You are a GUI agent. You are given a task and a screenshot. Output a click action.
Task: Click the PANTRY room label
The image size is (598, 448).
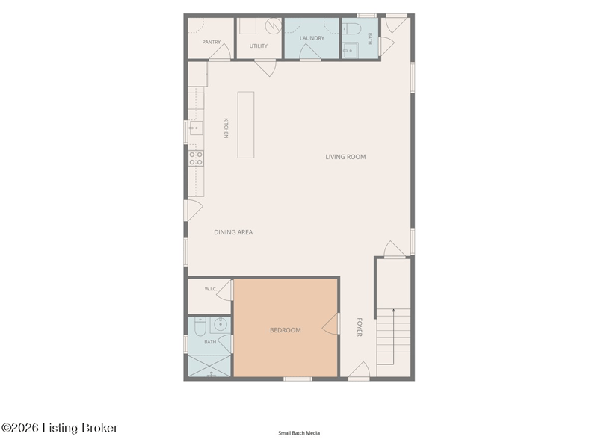coord(212,42)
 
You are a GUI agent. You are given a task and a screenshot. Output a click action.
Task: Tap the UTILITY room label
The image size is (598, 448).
coord(258,46)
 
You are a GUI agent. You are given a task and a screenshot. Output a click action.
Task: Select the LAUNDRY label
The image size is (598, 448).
coord(312,38)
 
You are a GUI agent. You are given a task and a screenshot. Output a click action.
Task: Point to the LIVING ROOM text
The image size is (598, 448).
coord(345,157)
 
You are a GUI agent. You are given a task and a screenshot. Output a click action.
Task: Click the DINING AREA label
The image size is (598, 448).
coord(233,232)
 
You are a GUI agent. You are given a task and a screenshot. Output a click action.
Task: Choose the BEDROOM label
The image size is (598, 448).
coord(286,330)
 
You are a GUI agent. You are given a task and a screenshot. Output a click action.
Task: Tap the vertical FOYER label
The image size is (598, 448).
coord(360,327)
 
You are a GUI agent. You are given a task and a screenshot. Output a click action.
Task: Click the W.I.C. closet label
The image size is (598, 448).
coord(211,289)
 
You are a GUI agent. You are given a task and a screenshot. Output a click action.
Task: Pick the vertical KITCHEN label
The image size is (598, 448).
coord(226,128)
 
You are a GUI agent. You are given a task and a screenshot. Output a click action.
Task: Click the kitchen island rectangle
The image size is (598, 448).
coord(246,125)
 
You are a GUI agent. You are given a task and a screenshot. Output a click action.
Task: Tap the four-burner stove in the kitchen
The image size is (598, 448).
coord(196,158)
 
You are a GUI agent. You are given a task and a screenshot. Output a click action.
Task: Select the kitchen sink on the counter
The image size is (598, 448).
coord(196,128)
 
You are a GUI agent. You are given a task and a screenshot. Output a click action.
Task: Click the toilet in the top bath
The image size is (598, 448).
coord(351,29)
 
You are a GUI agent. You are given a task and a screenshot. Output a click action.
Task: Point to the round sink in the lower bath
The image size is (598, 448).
coord(220,325)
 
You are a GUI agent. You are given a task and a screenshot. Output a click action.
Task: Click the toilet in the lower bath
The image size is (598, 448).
coord(200,326)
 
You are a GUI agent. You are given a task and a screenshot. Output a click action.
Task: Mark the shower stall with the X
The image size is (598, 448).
coord(209,366)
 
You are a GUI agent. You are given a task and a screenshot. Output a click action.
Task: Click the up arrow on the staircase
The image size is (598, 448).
coord(393,337)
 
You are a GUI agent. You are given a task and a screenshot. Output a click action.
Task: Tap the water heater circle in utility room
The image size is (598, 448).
coord(274,25)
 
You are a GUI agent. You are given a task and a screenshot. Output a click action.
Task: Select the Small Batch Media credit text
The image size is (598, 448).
coord(299,433)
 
